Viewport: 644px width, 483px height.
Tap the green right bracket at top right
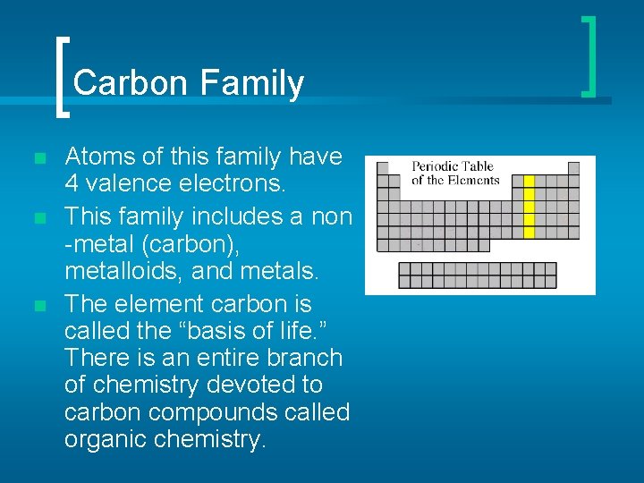point(589,55)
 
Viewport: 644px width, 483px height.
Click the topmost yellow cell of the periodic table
point(528,181)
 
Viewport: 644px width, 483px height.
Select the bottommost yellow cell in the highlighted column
point(528,233)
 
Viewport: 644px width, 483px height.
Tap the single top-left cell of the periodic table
point(383,168)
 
